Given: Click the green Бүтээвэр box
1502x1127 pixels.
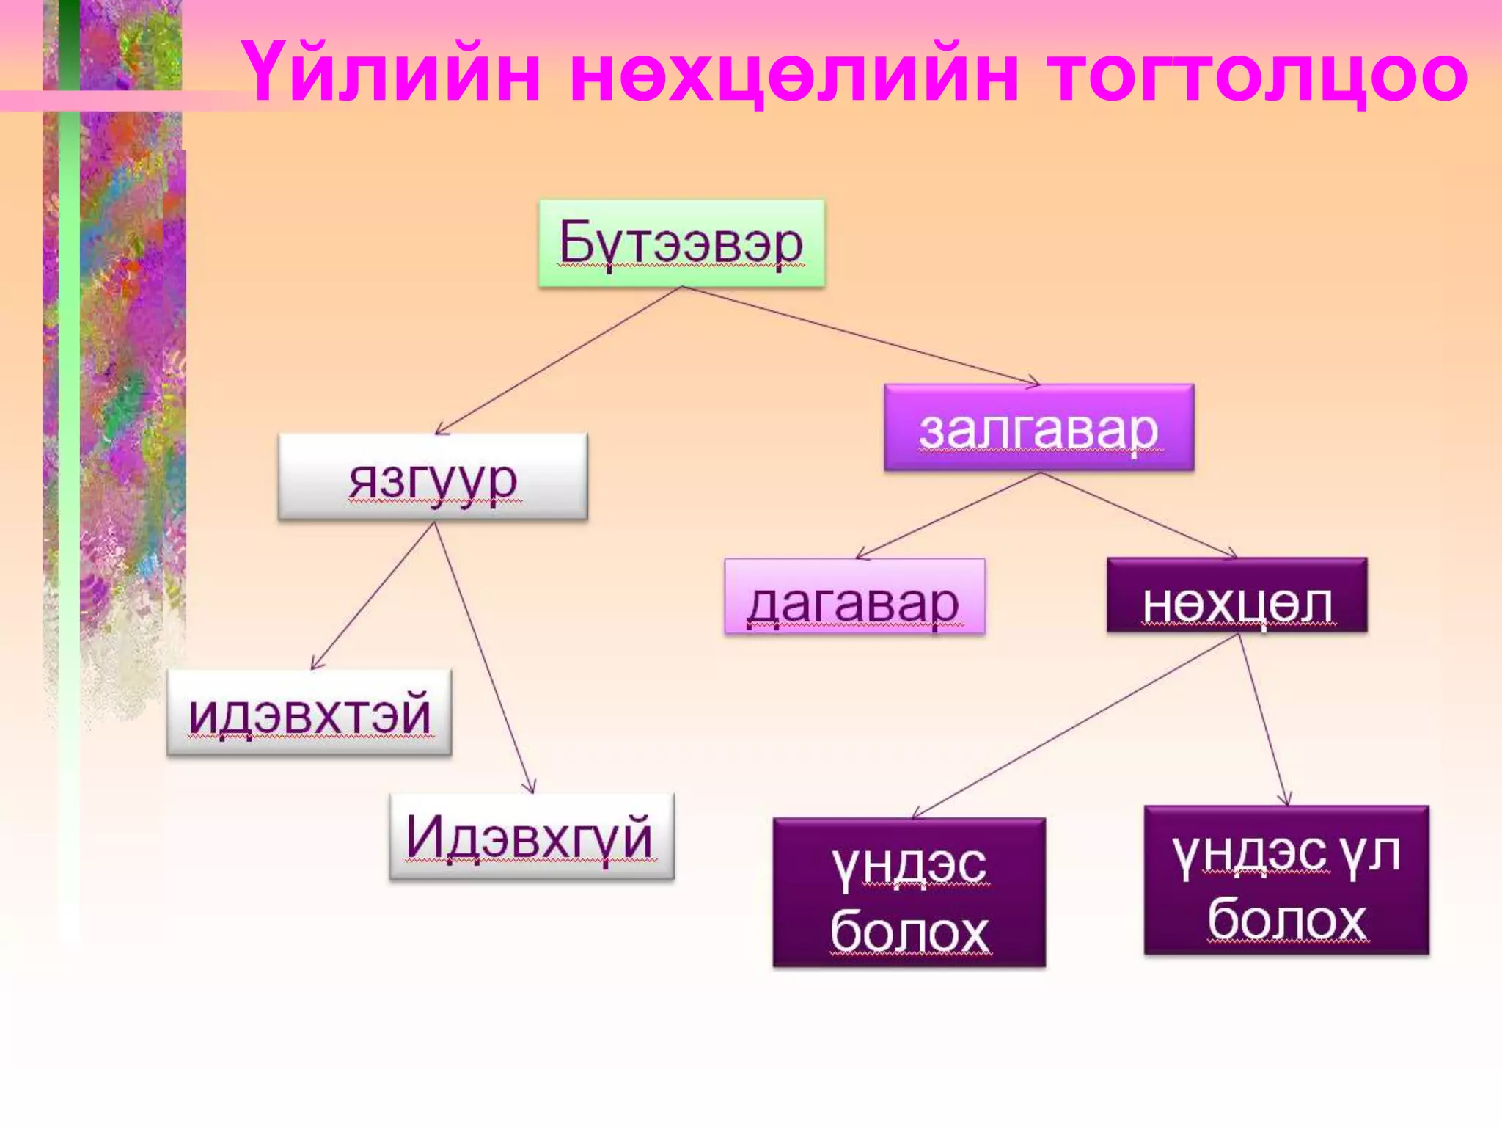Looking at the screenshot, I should coord(681,243).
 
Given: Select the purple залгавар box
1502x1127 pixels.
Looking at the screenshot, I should coord(1038,428).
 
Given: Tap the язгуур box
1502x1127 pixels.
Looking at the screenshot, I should coord(433,477).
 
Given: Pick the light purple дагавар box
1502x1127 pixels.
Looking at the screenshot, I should coord(854,597).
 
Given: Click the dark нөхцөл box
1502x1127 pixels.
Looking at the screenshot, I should coord(1237,595).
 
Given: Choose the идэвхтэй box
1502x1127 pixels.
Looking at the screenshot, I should coord(309,712).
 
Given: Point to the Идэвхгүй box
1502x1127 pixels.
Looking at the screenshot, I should coord(531,836).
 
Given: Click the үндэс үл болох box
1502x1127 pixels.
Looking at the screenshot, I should coord(1286,880).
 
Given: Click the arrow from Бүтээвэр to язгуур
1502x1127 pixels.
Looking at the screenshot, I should coord(559,360).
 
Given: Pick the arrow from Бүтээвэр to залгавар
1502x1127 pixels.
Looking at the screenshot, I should coord(860,335).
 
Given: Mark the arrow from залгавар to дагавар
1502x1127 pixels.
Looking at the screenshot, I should coord(948,515).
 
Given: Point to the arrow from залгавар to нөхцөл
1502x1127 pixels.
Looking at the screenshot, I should coord(1138,514).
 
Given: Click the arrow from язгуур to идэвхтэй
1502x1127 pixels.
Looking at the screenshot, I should coord(373,595).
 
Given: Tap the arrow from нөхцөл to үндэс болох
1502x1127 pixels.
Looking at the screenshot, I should coord(1076,726).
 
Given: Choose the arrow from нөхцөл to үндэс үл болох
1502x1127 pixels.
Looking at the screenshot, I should coord(1263,720).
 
